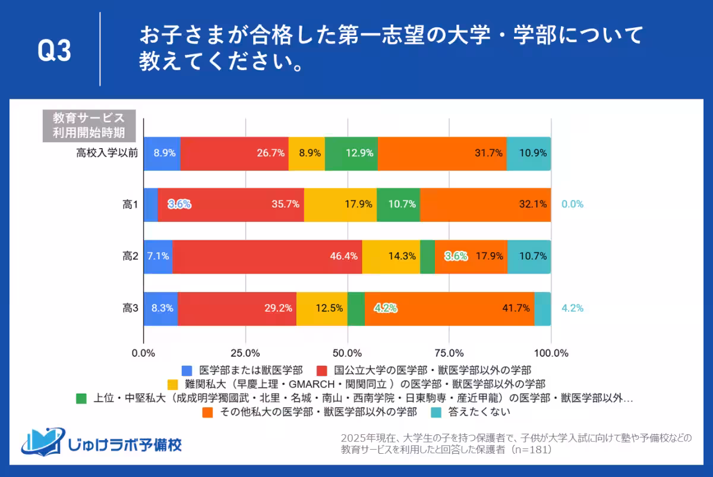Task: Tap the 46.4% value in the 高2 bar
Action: [345, 257]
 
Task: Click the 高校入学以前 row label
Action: [107, 153]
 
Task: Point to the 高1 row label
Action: [130, 205]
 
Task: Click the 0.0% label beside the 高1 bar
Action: [572, 204]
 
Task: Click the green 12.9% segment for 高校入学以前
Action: [351, 153]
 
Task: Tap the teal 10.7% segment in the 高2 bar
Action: [529, 257]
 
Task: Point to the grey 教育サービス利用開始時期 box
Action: [89, 125]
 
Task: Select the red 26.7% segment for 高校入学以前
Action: [234, 153]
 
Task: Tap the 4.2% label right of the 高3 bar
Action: [572, 308]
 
